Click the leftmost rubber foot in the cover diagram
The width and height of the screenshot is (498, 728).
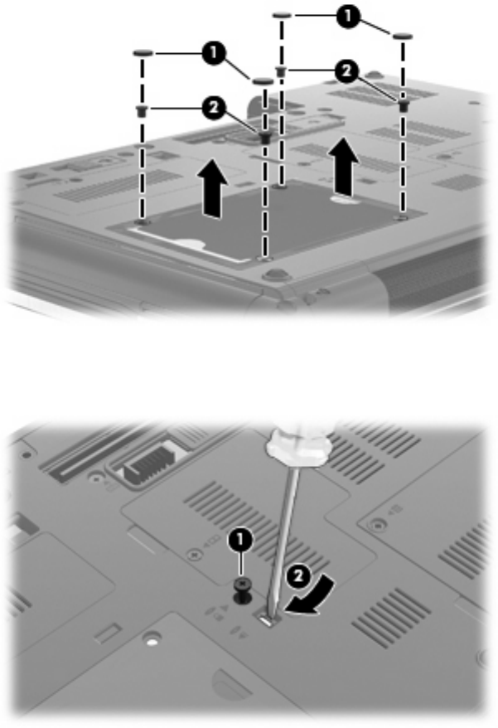click(x=143, y=51)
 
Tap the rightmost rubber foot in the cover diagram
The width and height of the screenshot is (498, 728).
click(x=403, y=36)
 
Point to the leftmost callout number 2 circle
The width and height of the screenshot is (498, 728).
click(x=214, y=106)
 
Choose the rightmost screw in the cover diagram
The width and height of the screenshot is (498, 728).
click(x=404, y=105)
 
